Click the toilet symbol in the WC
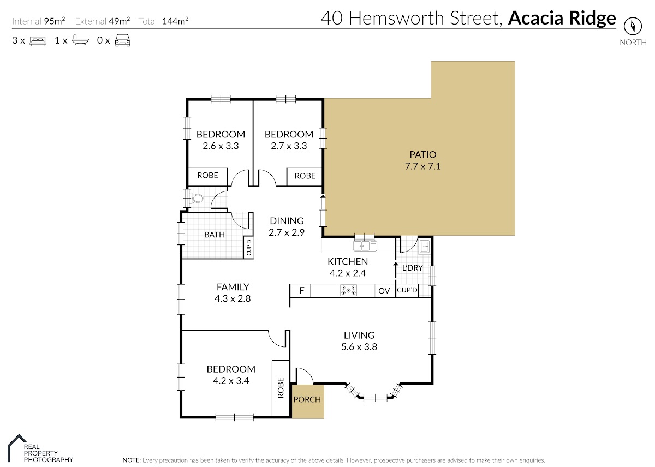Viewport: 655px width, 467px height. click(x=196, y=199)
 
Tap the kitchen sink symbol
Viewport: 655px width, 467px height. click(x=365, y=246)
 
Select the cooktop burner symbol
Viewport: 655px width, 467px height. click(x=348, y=290)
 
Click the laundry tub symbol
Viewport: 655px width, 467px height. click(x=424, y=247)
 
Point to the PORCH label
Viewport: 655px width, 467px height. click(x=307, y=399)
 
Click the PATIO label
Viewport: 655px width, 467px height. click(x=423, y=154)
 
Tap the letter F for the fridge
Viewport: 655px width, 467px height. click(x=302, y=290)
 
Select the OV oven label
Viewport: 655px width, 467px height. click(x=384, y=291)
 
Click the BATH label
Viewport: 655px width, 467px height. click(x=215, y=235)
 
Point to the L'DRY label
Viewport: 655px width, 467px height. click(x=412, y=268)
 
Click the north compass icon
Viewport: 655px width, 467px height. click(x=633, y=27)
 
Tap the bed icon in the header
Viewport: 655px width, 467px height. click(x=38, y=40)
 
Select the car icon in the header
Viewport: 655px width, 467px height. click(x=122, y=40)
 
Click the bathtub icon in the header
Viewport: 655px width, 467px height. click(x=80, y=40)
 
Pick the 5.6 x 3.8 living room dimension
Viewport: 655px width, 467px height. click(x=359, y=347)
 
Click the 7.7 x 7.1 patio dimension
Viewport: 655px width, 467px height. click(x=423, y=166)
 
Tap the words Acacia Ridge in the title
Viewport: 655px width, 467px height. click(x=562, y=18)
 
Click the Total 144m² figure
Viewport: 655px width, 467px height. click(x=163, y=21)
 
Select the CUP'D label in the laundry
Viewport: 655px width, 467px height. click(x=407, y=290)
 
